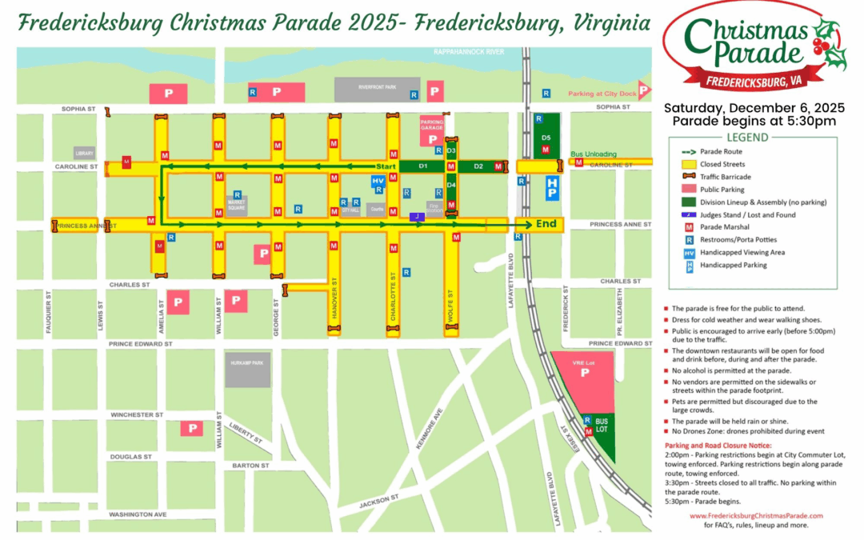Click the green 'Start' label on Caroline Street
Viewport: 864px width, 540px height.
pos(386,166)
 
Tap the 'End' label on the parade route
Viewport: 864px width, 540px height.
pos(547,224)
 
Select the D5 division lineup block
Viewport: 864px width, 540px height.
pos(546,138)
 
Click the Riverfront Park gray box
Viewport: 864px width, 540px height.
pos(377,89)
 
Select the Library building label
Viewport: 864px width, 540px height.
pos(83,153)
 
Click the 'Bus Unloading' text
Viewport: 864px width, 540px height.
pos(593,154)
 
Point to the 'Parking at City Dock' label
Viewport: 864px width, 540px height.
pos(602,94)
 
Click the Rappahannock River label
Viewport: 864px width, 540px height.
pos(468,52)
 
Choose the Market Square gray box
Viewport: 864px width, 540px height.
pos(236,206)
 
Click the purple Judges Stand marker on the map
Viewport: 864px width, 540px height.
pos(415,216)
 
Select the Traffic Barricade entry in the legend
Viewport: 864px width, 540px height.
pos(725,177)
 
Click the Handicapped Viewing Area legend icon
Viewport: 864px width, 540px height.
pos(688,253)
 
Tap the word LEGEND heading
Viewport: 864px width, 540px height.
pos(747,137)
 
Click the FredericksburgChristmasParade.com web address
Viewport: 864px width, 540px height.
pos(756,516)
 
